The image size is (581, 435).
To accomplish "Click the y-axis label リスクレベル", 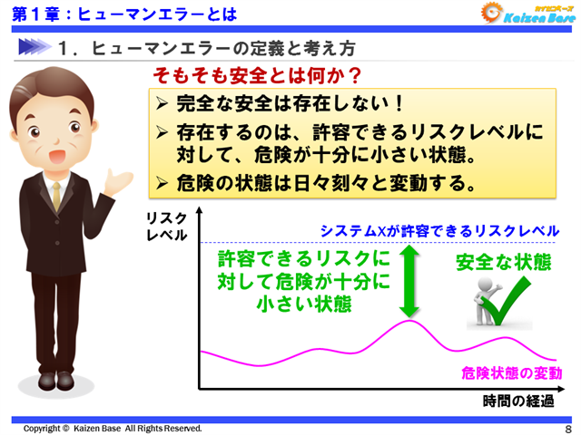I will tap(166, 227).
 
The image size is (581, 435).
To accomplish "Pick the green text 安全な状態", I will tap(503, 263).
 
